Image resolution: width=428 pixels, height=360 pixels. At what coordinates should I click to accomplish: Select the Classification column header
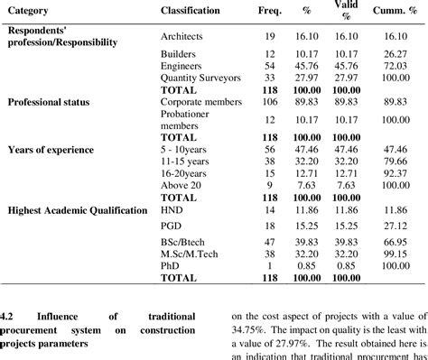pos(190,11)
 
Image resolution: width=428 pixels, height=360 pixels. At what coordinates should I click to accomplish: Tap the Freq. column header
pos(269,11)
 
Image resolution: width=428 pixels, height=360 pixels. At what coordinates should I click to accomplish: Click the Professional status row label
pos(48,102)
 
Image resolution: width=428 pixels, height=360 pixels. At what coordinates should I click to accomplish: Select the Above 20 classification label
pos(179,184)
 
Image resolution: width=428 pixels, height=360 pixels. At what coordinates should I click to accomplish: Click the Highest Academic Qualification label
pos(77,209)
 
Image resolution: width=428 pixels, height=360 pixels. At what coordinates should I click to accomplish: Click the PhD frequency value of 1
pos(268,266)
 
